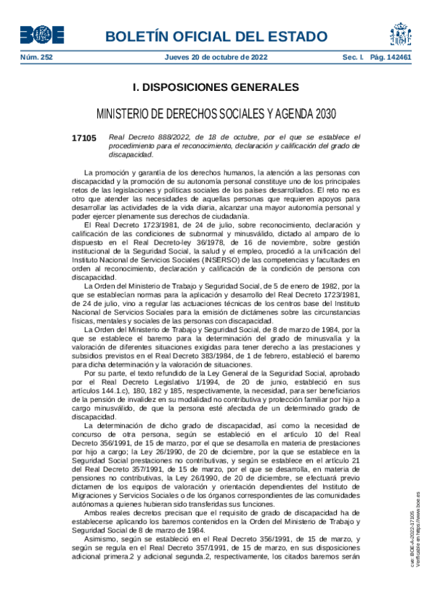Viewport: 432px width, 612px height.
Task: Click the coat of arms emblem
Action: [400, 34]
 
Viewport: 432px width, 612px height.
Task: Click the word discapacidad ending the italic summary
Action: [131, 154]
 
